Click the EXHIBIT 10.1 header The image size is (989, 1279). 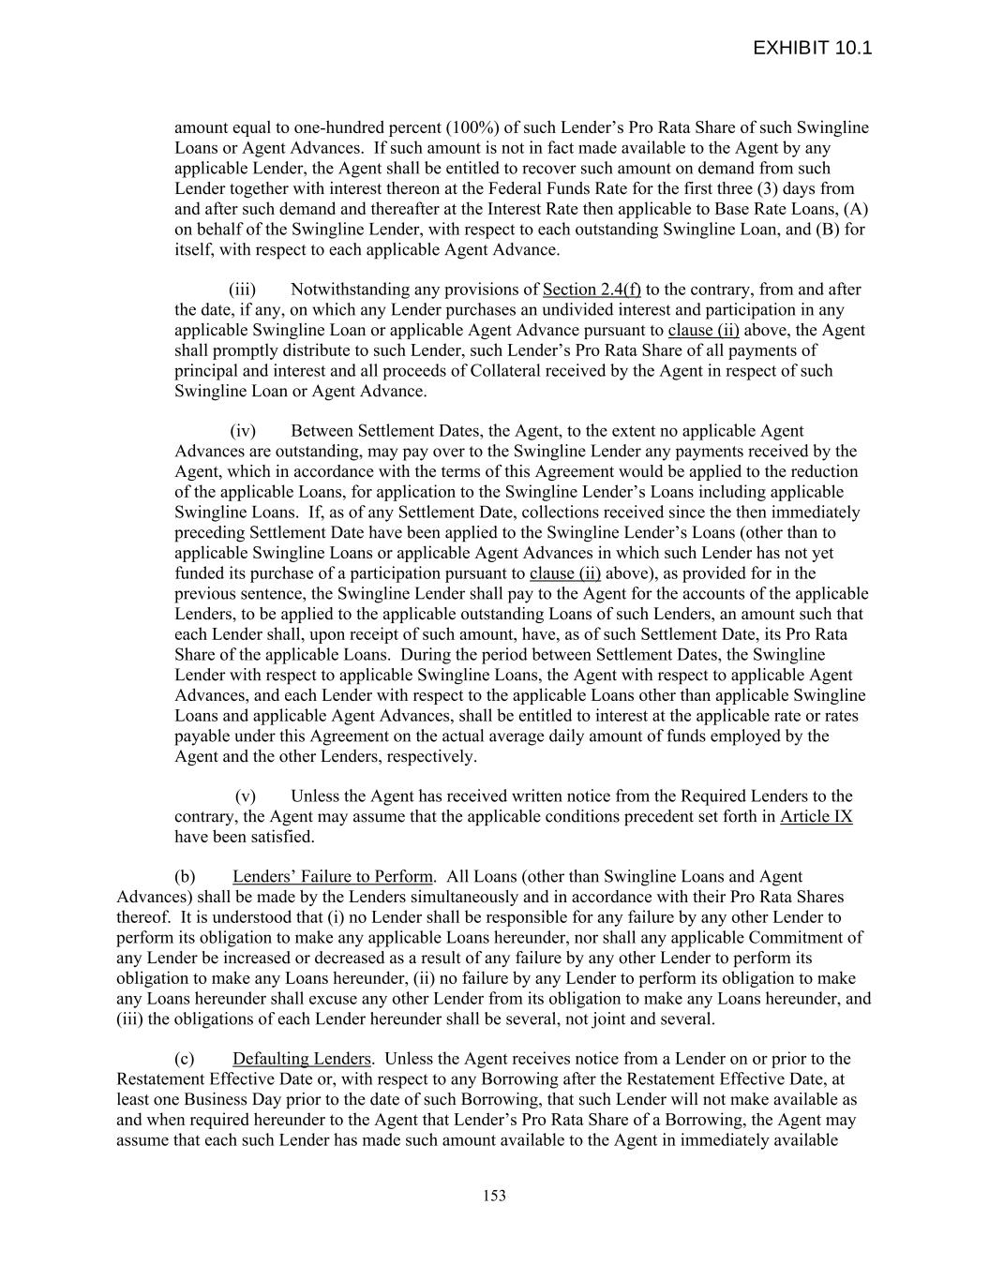(x=812, y=48)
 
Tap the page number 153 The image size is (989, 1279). (x=494, y=1196)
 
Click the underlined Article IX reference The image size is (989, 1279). (x=816, y=817)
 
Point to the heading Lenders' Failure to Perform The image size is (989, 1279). (x=333, y=877)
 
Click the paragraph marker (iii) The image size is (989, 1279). (x=242, y=290)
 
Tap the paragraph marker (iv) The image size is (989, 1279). (x=242, y=431)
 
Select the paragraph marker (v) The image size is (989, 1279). (x=245, y=796)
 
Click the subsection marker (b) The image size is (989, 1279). (x=185, y=877)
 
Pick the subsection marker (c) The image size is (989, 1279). (x=185, y=1059)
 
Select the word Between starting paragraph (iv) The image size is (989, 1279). (x=321, y=431)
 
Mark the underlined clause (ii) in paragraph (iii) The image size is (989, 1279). (x=703, y=330)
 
